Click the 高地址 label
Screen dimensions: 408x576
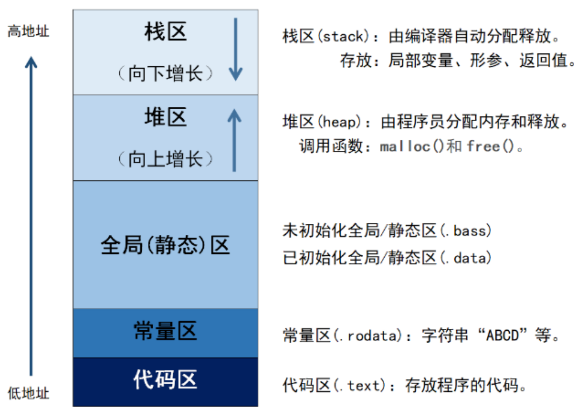28,31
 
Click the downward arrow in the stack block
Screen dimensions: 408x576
236,49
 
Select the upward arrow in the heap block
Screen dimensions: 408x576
234,140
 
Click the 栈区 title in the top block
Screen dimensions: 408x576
165,32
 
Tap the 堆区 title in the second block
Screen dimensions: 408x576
165,117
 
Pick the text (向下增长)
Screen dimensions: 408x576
165,73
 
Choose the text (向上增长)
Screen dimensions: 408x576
165,159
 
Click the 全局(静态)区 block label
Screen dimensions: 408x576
165,245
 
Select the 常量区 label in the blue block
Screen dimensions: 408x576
165,331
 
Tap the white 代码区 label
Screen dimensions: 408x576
165,380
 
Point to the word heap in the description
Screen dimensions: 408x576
339,122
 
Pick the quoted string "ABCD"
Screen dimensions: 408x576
502,335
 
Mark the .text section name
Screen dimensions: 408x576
361,385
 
